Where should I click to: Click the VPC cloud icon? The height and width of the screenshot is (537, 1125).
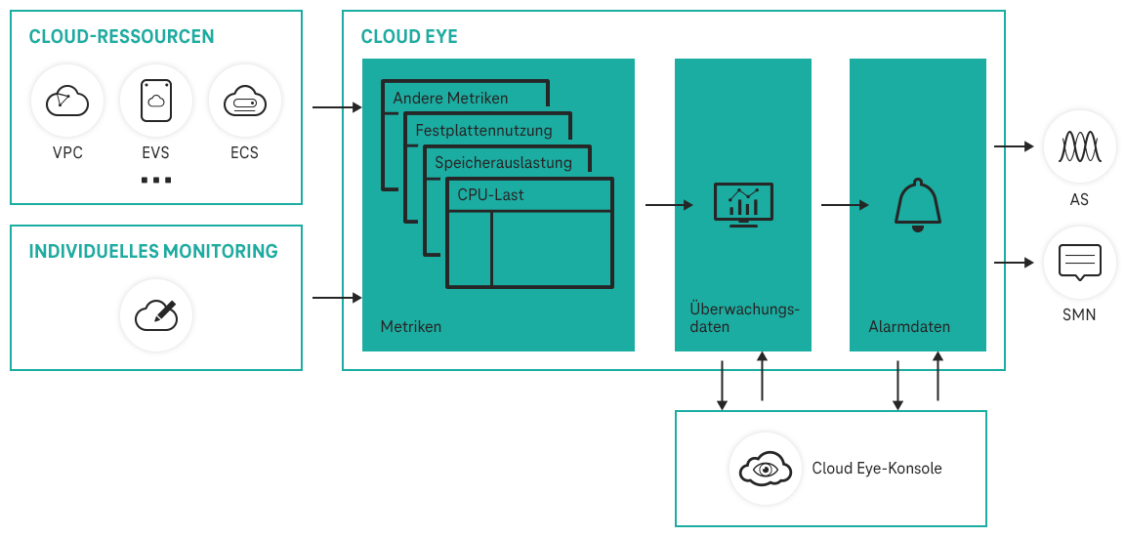pyautogui.click(x=67, y=101)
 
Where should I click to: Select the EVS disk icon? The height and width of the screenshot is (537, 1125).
pyautogui.click(x=155, y=101)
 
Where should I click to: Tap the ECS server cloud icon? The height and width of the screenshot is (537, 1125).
pyautogui.click(x=244, y=101)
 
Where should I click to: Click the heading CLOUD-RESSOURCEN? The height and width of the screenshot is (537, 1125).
pyautogui.click(x=122, y=37)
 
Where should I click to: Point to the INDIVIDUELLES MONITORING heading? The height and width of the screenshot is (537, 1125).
pyautogui.click(x=153, y=251)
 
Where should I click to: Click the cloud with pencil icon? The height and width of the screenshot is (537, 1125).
pyautogui.click(x=156, y=314)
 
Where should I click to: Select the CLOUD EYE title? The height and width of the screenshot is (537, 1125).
pyautogui.click(x=409, y=37)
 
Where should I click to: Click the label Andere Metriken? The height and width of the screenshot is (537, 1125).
pyautogui.click(x=450, y=99)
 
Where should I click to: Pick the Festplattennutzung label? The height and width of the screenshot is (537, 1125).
pyautogui.click(x=483, y=130)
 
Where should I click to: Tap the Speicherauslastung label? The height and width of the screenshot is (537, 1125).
pyautogui.click(x=503, y=162)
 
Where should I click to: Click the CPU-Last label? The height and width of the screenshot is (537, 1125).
pyautogui.click(x=490, y=194)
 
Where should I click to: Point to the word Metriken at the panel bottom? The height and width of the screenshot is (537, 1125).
pyautogui.click(x=410, y=326)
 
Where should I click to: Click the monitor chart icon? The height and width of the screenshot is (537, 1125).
pyautogui.click(x=743, y=204)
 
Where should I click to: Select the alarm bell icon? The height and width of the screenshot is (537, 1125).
pyautogui.click(x=917, y=206)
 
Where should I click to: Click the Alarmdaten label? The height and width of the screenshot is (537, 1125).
pyautogui.click(x=908, y=326)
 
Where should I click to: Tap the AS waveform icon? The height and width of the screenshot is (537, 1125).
pyautogui.click(x=1079, y=147)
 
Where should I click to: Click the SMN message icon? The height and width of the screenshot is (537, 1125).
pyautogui.click(x=1079, y=263)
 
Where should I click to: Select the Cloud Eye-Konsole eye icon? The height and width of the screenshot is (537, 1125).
pyautogui.click(x=766, y=469)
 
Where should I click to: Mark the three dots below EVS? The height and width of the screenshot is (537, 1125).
pyautogui.click(x=155, y=181)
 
